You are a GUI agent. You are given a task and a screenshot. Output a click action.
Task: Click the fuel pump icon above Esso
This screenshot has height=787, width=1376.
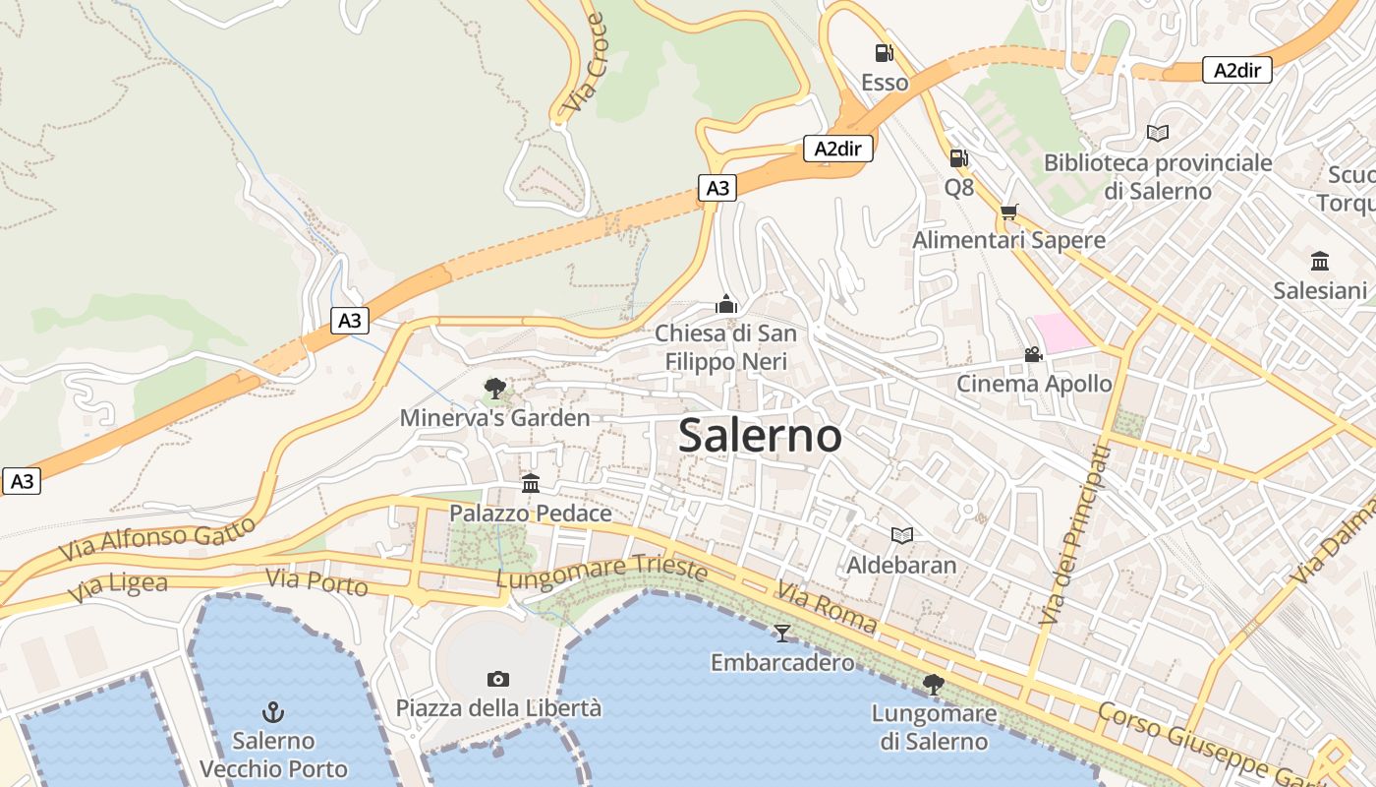click(884, 53)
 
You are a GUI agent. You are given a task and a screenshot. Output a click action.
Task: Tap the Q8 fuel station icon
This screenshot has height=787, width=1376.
click(958, 157)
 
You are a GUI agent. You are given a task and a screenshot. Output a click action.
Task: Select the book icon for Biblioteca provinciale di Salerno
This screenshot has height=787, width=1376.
click(1158, 133)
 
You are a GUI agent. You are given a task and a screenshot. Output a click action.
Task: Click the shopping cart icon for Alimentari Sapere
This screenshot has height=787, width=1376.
click(1008, 212)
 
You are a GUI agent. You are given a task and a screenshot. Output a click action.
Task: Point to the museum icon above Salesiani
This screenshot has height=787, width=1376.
click(1320, 262)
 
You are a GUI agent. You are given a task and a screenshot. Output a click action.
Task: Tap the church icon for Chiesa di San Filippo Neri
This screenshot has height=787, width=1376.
click(726, 304)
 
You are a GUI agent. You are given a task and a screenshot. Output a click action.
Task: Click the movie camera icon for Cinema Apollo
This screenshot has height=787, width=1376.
click(1033, 354)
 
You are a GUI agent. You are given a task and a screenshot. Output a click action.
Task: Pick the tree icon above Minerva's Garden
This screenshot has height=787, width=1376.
click(494, 389)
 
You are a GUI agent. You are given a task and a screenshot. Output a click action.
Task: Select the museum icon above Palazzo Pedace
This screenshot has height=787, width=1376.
click(531, 483)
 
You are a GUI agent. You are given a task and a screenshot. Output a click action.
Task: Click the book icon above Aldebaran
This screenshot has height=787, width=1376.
click(901, 535)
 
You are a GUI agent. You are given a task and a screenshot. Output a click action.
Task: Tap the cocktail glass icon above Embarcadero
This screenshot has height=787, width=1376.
click(782, 633)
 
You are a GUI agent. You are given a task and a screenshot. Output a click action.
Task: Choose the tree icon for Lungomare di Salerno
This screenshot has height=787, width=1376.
click(934, 684)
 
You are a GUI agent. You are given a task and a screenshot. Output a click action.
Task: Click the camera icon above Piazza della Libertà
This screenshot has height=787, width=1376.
click(498, 679)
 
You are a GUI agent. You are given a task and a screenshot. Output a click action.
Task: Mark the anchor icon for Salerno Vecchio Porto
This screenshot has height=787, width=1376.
click(273, 711)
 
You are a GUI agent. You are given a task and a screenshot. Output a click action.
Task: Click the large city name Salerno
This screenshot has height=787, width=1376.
click(760, 436)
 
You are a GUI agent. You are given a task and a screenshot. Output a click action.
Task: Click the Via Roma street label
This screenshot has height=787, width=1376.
click(827, 606)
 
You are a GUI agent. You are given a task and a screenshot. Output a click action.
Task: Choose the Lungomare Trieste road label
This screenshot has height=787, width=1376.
click(602, 573)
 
